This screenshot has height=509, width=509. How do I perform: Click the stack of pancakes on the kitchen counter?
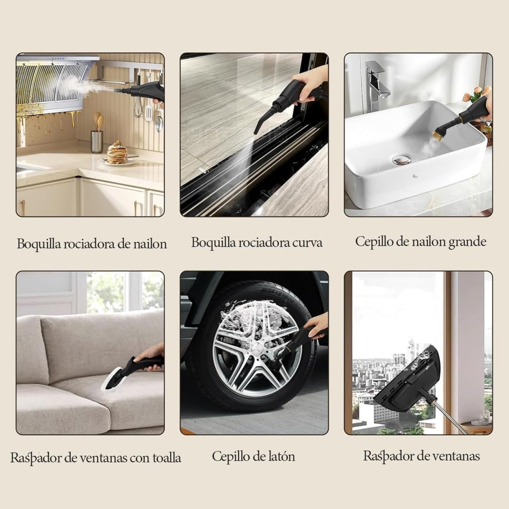[117, 153]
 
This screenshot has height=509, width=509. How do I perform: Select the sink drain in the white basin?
[402, 160]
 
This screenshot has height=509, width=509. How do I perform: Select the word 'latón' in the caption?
[281, 456]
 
